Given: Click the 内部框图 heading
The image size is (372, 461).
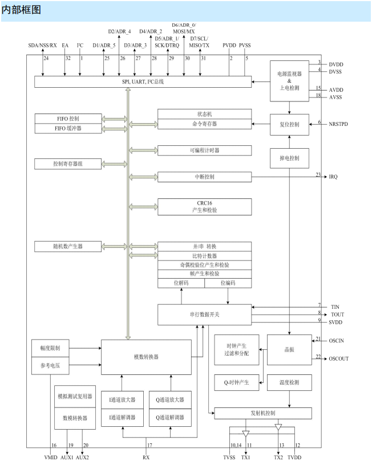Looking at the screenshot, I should click(x=22, y=10).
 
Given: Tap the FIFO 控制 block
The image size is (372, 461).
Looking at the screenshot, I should click(x=67, y=119).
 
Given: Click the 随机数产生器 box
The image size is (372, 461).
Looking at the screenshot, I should click(x=67, y=246).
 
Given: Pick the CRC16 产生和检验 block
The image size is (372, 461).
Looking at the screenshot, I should click(x=204, y=206).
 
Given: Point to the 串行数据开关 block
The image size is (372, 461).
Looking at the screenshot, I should click(x=204, y=314).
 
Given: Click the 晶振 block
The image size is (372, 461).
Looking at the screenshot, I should click(x=289, y=350).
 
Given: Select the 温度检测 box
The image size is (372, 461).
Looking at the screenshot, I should click(x=289, y=382).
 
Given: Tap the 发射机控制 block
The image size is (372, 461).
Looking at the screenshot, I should click(x=262, y=413).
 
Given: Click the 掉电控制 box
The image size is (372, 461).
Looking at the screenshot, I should click(x=289, y=158).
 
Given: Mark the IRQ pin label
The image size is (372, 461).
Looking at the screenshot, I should click(x=333, y=177).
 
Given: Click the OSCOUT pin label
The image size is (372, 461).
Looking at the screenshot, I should click(x=339, y=359).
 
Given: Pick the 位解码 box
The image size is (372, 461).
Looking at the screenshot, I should click(x=181, y=283).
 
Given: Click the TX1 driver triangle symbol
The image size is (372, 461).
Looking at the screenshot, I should click(x=246, y=434).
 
